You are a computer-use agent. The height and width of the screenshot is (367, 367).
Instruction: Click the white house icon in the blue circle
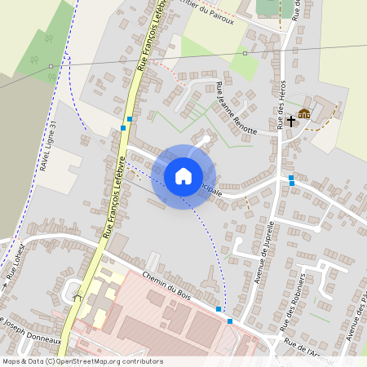pyautogui.click(x=183, y=176)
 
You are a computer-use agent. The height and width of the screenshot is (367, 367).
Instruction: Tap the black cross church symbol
pyautogui.click(x=290, y=120)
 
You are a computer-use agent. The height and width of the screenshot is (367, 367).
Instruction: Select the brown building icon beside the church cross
pyautogui.click(x=304, y=113)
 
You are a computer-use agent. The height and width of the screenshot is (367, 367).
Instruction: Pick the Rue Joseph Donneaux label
pyautogui.click(x=31, y=329)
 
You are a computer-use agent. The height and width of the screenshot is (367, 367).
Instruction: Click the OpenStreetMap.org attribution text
pyautogui.click(x=108, y=361)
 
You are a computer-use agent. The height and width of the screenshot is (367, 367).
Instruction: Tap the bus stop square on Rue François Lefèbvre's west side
pyautogui.click(x=123, y=127)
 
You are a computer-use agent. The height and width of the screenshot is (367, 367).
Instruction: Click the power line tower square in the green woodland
pyautogui.click(x=51, y=66)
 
